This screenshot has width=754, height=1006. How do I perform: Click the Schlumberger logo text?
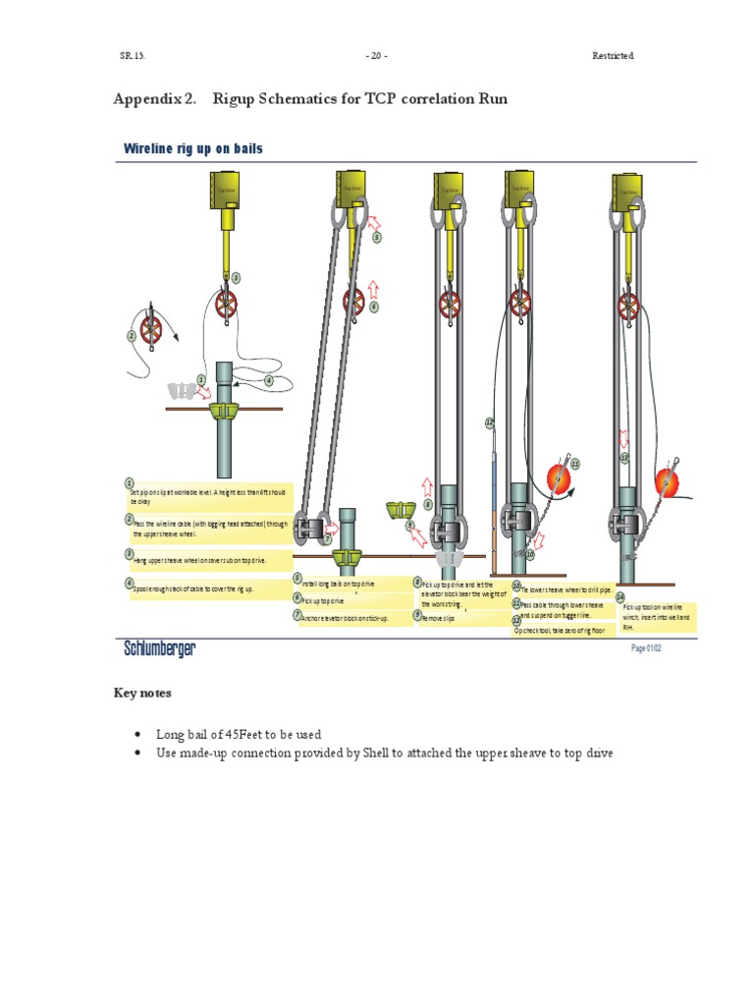tap(159, 648)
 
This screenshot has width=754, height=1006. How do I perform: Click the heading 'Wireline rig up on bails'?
tap(192, 148)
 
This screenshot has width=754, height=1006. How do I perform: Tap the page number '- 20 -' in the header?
tap(376, 56)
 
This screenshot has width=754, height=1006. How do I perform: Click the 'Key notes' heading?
tap(142, 693)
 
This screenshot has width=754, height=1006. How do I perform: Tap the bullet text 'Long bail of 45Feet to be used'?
tap(239, 734)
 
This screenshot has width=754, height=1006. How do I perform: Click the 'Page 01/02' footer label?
tap(646, 648)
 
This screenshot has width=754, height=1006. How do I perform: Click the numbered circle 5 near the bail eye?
tap(376, 238)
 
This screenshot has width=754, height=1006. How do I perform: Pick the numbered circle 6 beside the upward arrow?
tap(374, 307)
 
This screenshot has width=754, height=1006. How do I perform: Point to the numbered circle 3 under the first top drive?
tap(236, 278)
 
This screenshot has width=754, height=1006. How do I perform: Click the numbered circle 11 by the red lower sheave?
tap(575, 463)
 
